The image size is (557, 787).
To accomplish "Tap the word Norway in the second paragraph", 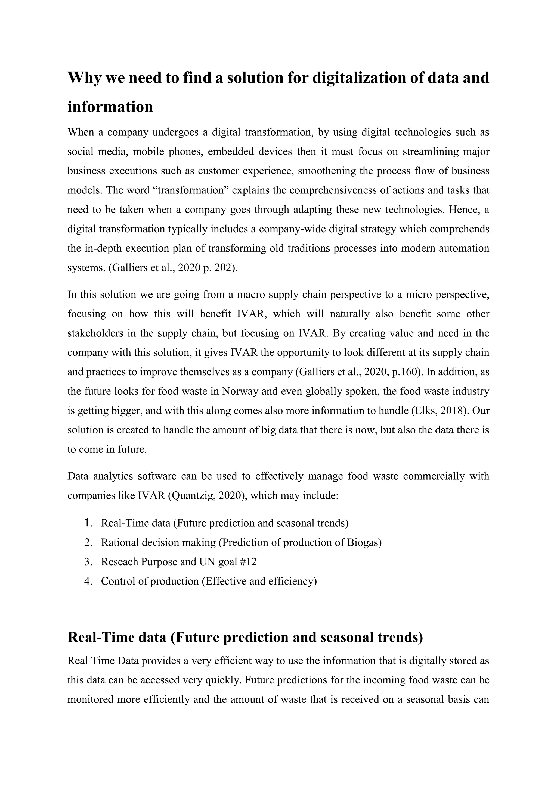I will (240, 391).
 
